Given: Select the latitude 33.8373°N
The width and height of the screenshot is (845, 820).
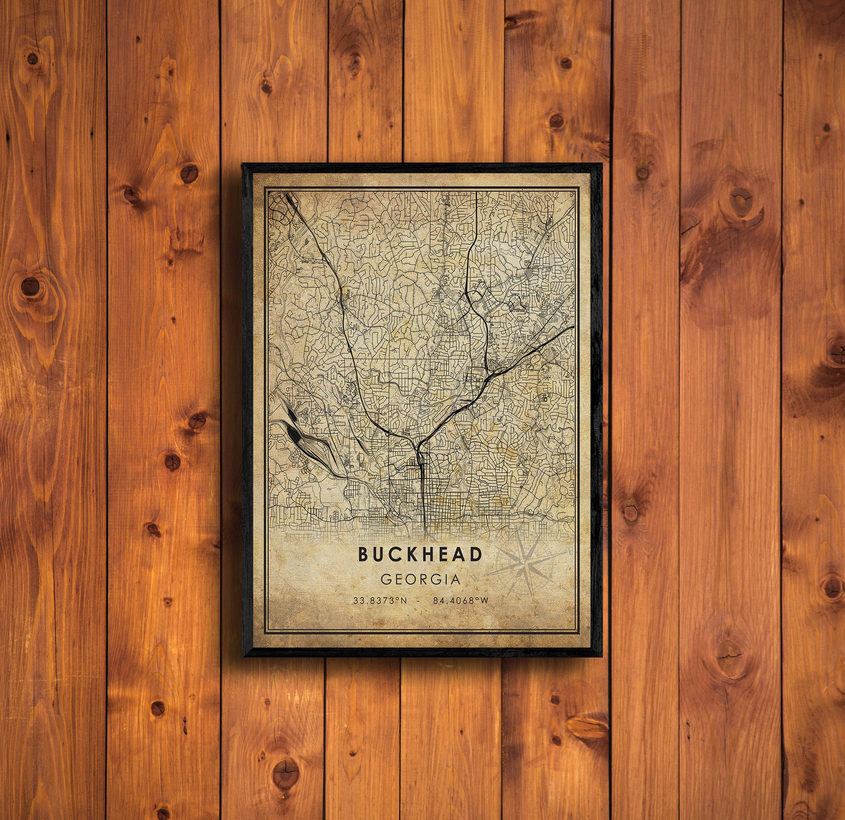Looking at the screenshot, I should (x=380, y=601).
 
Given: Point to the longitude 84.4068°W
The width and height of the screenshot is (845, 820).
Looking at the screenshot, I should (x=461, y=601).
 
